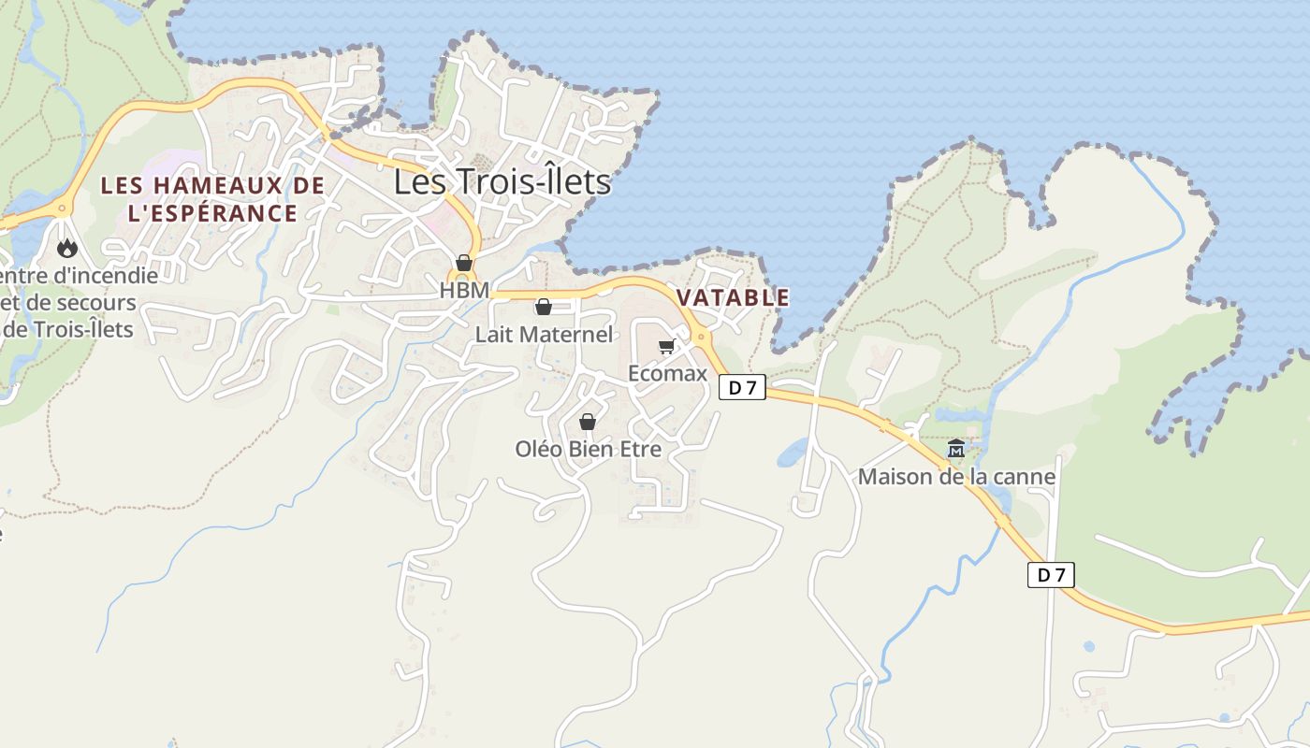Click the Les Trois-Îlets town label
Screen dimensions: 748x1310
coord(502,181)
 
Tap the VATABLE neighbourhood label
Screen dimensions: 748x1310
coord(733,298)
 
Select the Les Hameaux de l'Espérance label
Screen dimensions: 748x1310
coord(212,199)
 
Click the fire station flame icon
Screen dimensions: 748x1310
coord(66,249)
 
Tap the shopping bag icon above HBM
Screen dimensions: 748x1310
coord(464,263)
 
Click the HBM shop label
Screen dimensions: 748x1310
coord(464,290)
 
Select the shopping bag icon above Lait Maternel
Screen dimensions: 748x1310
coord(544,307)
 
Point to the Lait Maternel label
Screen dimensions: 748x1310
coord(544,335)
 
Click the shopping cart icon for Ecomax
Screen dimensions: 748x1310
coord(666,348)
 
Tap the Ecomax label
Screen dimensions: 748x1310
coord(667,373)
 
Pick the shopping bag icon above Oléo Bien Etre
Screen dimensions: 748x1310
coord(588,423)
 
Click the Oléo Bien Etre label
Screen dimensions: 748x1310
coord(588,449)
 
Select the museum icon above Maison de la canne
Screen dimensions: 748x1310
coord(955,450)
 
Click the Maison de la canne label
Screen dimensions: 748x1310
coord(956,477)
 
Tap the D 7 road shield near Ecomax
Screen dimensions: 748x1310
coord(742,387)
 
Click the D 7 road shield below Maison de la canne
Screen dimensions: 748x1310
coord(1051,575)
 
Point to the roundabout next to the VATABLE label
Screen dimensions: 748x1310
coord(700,336)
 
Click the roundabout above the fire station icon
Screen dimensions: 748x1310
coord(63,208)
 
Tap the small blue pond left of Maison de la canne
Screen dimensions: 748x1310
coord(792,453)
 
